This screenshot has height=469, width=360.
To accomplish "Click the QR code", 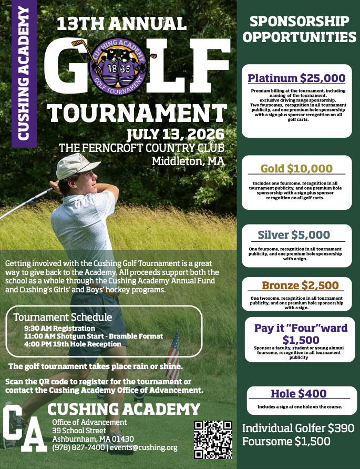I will click(x=213, y=439).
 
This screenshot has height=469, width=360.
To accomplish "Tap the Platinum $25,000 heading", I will click(x=296, y=79).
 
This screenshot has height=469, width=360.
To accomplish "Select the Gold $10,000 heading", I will click(x=296, y=169).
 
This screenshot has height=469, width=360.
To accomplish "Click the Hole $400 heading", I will click(x=299, y=393).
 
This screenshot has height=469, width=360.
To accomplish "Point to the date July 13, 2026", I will click(x=176, y=134).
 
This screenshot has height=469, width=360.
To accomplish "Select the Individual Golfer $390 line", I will click(x=298, y=428).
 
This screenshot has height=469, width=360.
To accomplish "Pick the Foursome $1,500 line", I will click(x=286, y=442).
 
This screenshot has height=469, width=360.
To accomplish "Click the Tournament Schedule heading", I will click(x=63, y=317).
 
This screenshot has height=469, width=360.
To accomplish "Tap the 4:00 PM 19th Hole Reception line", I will click(x=73, y=344).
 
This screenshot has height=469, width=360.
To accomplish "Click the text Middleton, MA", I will click(x=188, y=161).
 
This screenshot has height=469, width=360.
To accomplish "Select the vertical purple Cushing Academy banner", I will click(x=24, y=74).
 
